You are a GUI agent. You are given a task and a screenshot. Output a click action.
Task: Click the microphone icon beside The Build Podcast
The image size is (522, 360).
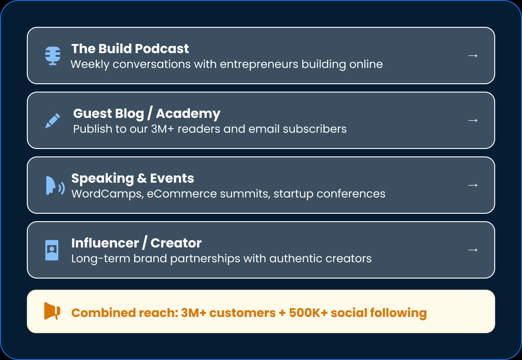tap(53, 56)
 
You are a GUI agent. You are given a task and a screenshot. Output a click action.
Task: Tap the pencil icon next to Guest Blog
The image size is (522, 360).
tap(53, 121)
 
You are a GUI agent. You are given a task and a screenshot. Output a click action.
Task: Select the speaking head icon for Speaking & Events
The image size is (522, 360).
tap(55, 186)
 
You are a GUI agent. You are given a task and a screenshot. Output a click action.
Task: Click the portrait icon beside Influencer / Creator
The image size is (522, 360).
tap(52, 250)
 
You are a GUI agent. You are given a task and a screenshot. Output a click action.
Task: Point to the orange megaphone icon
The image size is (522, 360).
tap(52, 311)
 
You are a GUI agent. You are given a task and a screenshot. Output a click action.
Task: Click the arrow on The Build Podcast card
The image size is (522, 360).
tap(473, 56)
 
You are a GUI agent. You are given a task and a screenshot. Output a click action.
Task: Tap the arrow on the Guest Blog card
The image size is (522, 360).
tap(473, 120)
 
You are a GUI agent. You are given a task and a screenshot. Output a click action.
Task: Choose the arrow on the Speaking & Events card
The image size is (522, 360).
tap(473, 185)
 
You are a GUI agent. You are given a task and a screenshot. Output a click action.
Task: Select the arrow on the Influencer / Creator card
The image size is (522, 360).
tap(473, 250)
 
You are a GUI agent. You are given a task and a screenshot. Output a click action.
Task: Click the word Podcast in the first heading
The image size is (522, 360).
tap(162, 49)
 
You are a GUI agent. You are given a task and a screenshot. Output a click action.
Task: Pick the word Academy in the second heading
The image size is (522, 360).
tap(188, 113)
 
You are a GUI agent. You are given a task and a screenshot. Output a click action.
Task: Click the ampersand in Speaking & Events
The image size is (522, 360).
tap(142, 178)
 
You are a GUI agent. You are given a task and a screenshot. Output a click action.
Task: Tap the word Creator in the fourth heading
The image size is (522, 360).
tap(176, 243)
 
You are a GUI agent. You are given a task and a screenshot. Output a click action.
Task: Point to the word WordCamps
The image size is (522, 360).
tap(107, 194)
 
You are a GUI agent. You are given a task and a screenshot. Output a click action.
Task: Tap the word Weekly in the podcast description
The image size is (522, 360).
tap(90, 64)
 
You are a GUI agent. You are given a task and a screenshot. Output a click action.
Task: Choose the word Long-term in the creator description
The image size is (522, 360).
tap(100, 259)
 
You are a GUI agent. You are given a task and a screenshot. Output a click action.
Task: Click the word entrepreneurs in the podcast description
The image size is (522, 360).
tap(259, 64)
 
